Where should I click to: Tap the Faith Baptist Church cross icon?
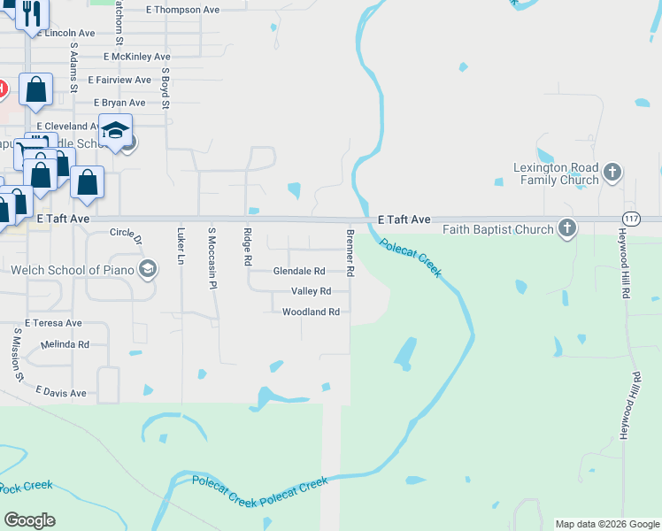tap(567, 229)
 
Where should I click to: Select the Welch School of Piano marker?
tap(148, 269)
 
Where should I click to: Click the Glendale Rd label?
tap(299, 271)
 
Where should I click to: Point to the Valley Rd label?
tap(311, 291)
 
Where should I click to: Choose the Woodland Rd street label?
tap(311, 312)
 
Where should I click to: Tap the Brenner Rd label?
tap(350, 253)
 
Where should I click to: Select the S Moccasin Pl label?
tap(212, 254)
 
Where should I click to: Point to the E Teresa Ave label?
tap(53, 323)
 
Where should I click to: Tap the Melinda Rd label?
tap(65, 344)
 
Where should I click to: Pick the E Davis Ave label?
tap(61, 392)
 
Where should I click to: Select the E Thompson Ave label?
tap(182, 10)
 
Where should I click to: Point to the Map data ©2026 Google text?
tap(607, 524)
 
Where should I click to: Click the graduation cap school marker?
tap(115, 131)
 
